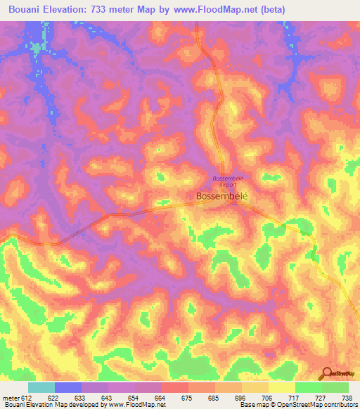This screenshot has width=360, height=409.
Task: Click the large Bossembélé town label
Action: click(x=221, y=196)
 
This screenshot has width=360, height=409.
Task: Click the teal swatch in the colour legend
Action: click(x=41, y=387)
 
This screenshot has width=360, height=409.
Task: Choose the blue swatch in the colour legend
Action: click(x=68, y=387)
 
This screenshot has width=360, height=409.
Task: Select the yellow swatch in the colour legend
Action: click(x=281, y=387)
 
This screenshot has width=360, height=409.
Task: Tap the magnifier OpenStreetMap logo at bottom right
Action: click(x=325, y=373)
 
